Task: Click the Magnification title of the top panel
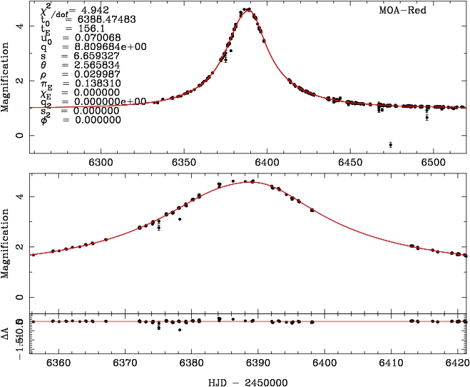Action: tap(6, 80)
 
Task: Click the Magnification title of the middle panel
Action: tap(6, 241)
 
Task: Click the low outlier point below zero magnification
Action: tap(390, 145)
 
